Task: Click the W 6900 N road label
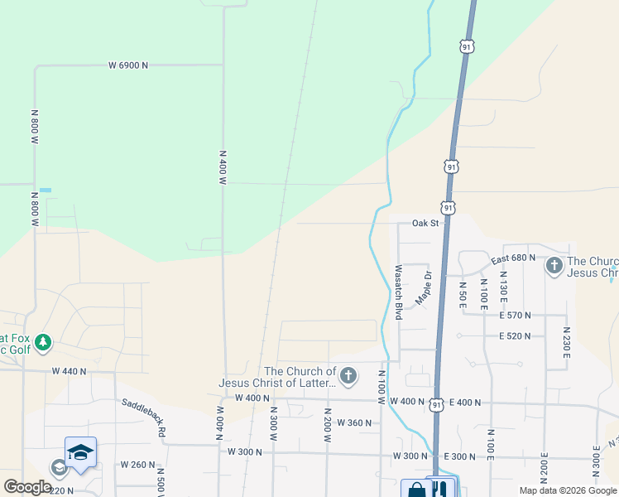[x=128, y=65]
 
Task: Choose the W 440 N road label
[x=69, y=372]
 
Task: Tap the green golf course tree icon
[x=43, y=341]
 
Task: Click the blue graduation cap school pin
[x=80, y=452]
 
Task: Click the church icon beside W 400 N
[x=348, y=377]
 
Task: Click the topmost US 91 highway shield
[x=468, y=47]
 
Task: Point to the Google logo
[x=28, y=487]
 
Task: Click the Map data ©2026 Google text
[x=568, y=490]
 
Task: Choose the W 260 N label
[x=138, y=465]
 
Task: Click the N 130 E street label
[x=503, y=286]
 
